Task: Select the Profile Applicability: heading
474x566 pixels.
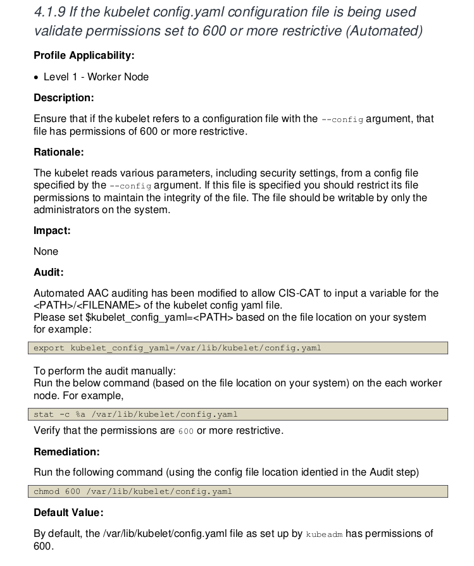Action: tap(84, 56)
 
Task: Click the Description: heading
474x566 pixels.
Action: tap(63, 98)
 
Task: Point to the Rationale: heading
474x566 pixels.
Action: tap(58, 152)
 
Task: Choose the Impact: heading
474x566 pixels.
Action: tap(52, 230)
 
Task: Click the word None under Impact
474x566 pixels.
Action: tap(46, 251)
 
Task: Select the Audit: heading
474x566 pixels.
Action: tap(49, 273)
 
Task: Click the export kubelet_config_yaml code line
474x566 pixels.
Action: tap(177, 348)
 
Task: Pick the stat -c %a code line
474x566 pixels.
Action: tap(135, 415)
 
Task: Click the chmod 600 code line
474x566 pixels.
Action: tap(133, 491)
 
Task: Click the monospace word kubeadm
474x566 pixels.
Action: tap(324, 534)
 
